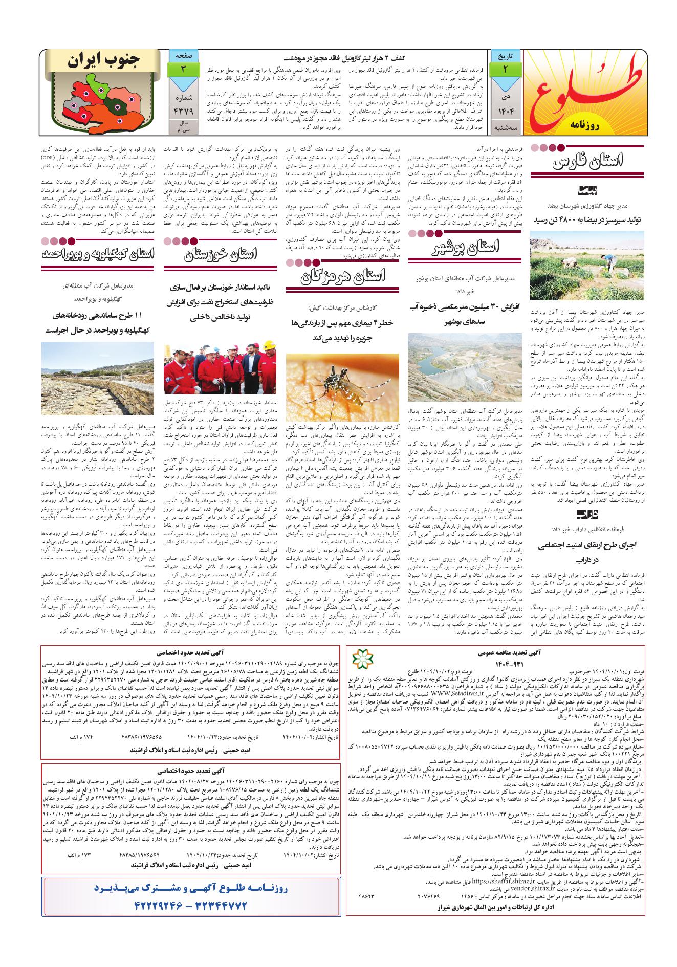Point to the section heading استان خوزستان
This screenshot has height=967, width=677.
coord(221,255)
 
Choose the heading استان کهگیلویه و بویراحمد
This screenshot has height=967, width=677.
coord(98,255)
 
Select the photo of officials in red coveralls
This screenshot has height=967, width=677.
coord(221,368)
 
